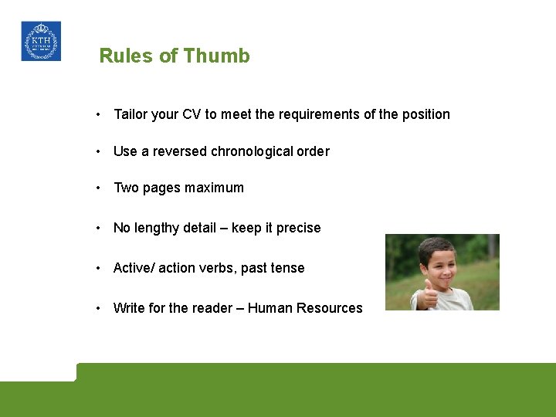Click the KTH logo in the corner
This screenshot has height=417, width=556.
tap(41, 41)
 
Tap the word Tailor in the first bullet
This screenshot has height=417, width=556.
tap(131, 114)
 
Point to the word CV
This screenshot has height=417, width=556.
tap(192, 114)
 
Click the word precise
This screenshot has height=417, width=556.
tap(298, 228)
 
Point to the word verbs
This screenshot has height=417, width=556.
tap(217, 268)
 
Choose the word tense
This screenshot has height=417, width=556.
tap(288, 268)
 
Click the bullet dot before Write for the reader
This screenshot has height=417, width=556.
tap(99, 308)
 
